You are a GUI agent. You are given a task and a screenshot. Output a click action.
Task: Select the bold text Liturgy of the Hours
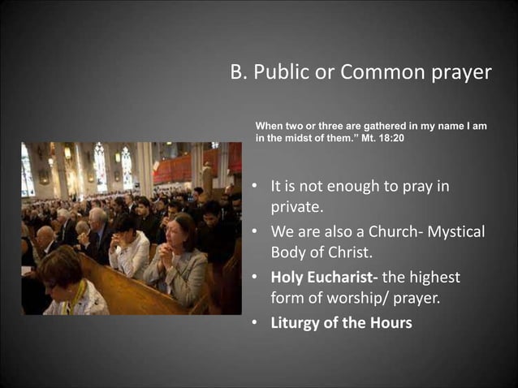pos(341,322)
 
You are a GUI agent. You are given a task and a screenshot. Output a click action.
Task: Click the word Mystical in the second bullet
pos(455,232)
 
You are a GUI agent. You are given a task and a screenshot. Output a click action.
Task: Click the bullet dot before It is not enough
pos(253,188)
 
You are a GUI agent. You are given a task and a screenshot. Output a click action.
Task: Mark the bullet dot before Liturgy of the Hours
pos(253,322)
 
